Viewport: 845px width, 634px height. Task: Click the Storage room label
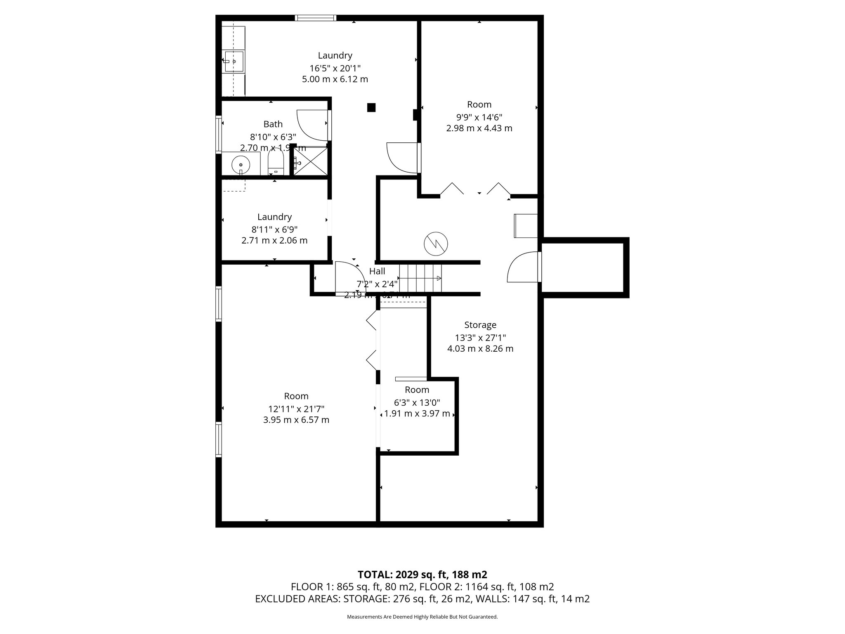[480, 325]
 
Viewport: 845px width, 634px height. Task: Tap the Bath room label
[273, 124]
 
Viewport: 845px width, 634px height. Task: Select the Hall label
[377, 271]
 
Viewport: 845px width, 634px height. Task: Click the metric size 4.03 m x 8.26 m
[480, 349]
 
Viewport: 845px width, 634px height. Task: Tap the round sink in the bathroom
[241, 165]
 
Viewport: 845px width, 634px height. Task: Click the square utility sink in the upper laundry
[234, 61]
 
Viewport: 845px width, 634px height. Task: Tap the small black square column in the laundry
[371, 107]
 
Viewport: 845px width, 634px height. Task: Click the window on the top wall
[316, 18]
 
